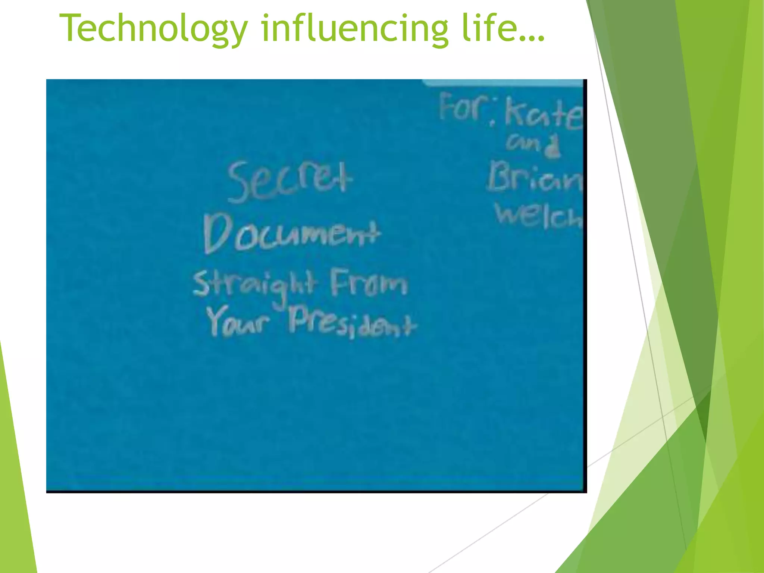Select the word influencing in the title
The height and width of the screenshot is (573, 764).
click(354, 29)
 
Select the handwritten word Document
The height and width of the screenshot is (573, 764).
click(292, 234)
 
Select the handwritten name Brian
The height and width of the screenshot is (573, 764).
click(535, 178)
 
